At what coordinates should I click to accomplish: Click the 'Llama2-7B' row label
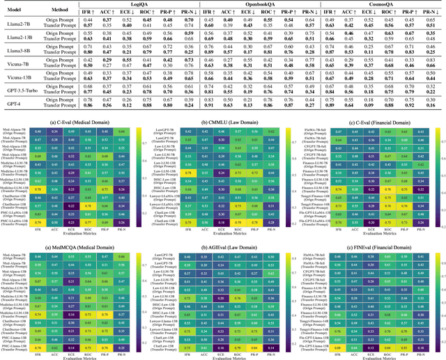[x=20, y=24]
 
